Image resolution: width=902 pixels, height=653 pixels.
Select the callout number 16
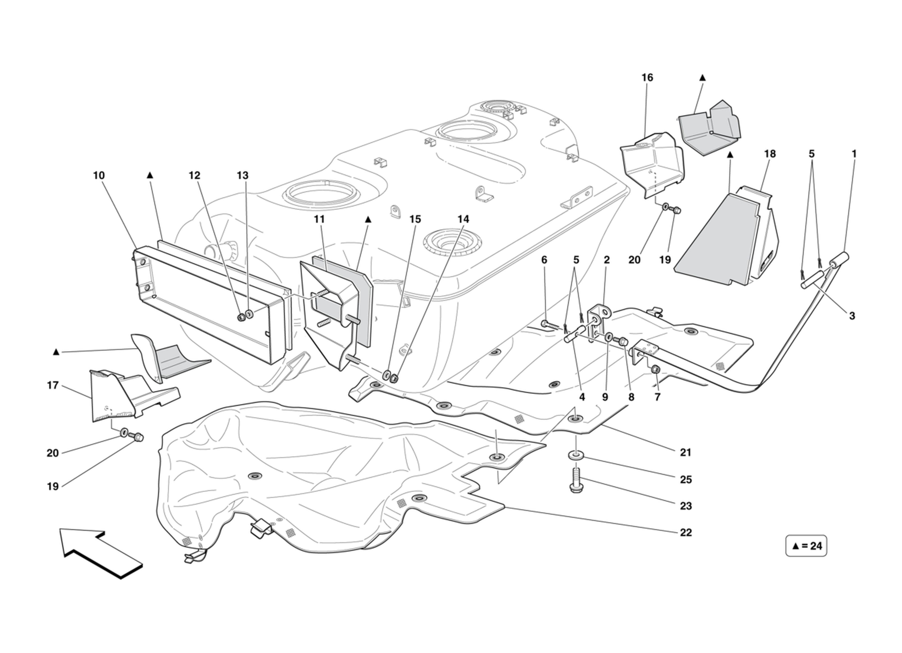(x=647, y=77)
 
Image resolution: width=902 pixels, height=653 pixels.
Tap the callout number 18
(x=770, y=154)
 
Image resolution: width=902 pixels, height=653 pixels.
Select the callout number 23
(x=686, y=506)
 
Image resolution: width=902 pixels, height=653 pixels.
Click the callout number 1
(x=854, y=154)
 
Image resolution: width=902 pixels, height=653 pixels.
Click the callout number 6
(x=544, y=260)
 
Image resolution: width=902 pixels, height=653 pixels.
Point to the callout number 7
(x=657, y=397)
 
